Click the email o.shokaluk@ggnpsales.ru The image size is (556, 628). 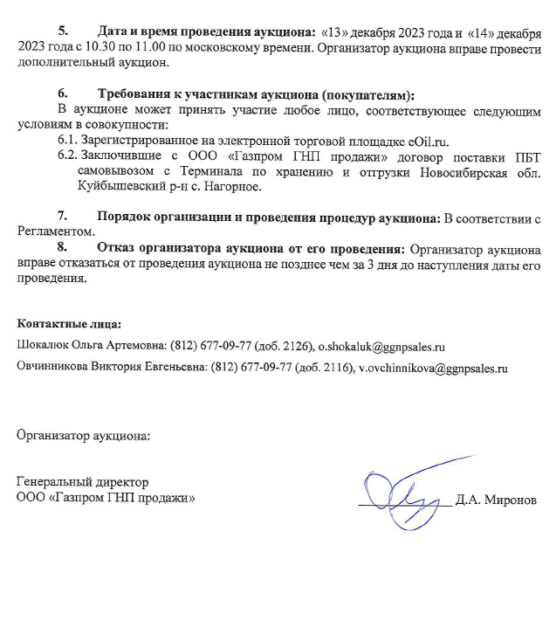pyautogui.click(x=381, y=347)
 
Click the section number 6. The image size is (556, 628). pyautogui.click(x=62, y=94)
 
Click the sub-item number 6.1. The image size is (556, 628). pyautogui.click(x=67, y=140)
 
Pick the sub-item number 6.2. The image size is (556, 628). pyautogui.click(x=67, y=155)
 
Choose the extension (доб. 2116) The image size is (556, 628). pyautogui.click(x=321, y=369)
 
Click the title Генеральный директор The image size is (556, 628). pyautogui.click(x=83, y=482)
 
